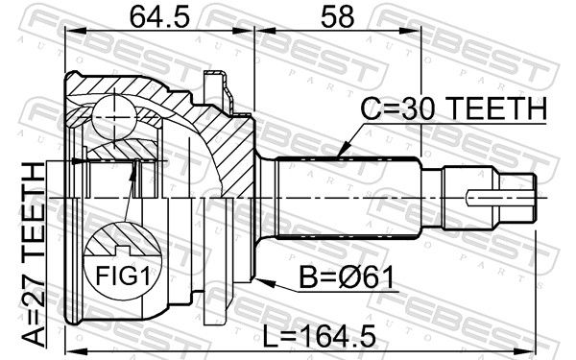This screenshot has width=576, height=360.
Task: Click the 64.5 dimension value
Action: tap(159, 17)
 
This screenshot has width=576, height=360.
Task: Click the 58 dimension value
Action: tap(338, 17)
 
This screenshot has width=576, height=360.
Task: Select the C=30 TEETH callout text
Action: tap(454, 108)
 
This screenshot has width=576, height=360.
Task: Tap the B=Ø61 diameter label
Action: tap(347, 277)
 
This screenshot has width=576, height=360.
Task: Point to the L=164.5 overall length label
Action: tap(320, 336)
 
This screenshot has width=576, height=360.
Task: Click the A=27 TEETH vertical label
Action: tap(33, 254)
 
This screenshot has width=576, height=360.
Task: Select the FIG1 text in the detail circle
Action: tap(123, 276)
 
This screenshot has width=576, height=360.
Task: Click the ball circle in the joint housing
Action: tap(114, 117)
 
